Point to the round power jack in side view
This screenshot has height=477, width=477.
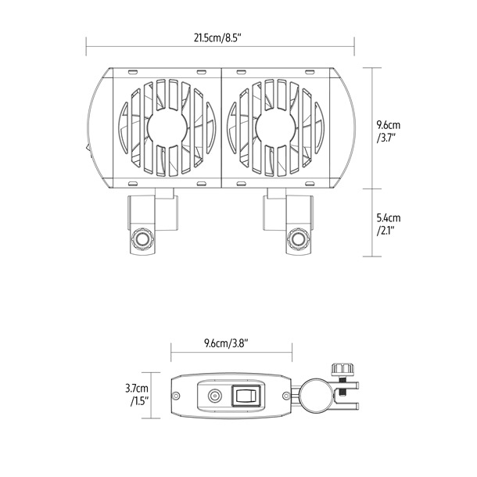(x=213, y=397)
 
